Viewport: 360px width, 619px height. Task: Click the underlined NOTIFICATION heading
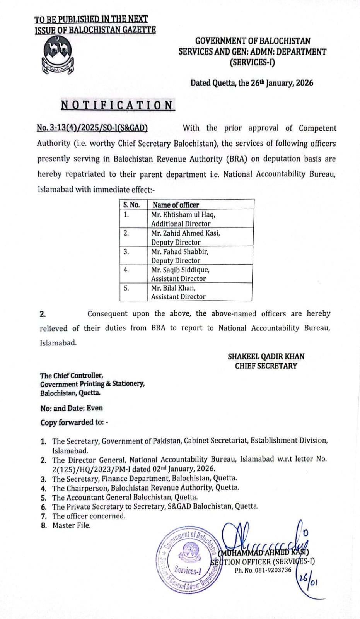pyautogui.click(x=118, y=105)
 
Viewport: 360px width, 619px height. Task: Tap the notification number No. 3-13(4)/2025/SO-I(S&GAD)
pyautogui.click(x=92, y=128)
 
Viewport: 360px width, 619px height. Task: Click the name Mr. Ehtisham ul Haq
pyautogui.click(x=183, y=214)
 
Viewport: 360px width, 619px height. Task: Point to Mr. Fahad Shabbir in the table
pyautogui.click(x=180, y=251)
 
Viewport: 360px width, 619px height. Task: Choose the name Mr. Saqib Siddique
pyautogui.click(x=180, y=270)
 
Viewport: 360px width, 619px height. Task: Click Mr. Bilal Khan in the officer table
pyautogui.click(x=173, y=288)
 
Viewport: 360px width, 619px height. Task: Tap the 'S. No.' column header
pyautogui.click(x=131, y=205)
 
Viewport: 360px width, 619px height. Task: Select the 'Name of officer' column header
pyautogui.click(x=176, y=205)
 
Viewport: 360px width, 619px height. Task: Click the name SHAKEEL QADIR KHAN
pyautogui.click(x=266, y=356)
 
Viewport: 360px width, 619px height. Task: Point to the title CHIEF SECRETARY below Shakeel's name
pyautogui.click(x=266, y=366)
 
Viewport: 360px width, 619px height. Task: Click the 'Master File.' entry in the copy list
pyautogui.click(x=72, y=525)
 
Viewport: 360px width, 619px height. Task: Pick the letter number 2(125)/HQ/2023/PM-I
pyautogui.click(x=91, y=469)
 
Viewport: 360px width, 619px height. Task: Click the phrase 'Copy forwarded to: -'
pyautogui.click(x=74, y=422)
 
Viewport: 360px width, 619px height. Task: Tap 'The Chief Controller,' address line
pyautogui.click(x=72, y=375)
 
